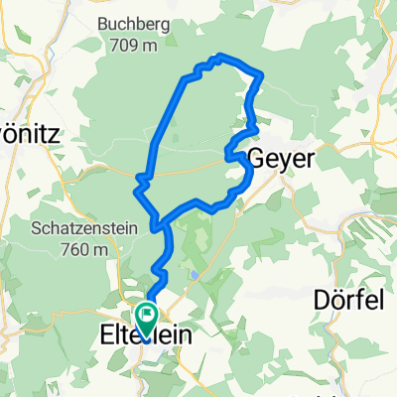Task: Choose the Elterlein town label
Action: click(x=147, y=337)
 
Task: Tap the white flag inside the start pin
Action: click(x=147, y=317)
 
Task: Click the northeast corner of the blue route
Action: click(x=261, y=74)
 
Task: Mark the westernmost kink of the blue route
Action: click(x=136, y=180)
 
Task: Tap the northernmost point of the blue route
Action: click(x=220, y=56)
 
